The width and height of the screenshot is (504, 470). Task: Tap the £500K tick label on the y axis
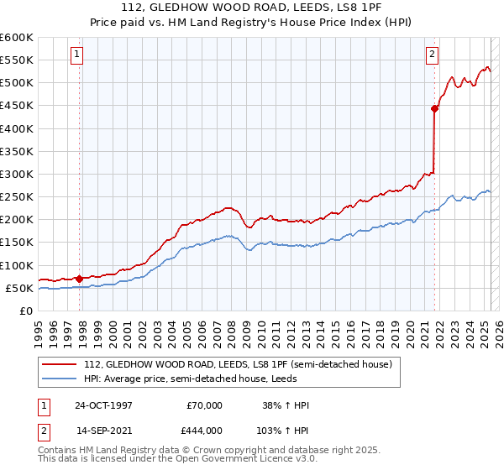17,83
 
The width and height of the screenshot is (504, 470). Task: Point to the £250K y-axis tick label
17,197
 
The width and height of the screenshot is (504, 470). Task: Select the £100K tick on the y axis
17,265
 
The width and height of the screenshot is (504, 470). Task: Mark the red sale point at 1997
79,279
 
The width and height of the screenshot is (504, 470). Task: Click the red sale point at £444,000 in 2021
434,108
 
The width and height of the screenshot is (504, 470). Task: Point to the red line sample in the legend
60,364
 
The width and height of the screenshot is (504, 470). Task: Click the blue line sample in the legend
60,379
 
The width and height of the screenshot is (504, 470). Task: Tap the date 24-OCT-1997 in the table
103,405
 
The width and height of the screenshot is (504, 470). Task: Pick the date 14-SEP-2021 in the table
103,429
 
